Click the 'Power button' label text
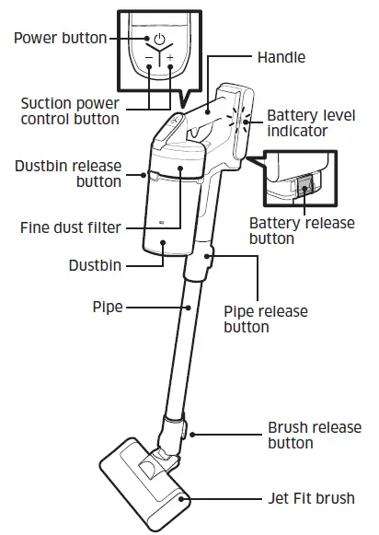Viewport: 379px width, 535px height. [55, 38]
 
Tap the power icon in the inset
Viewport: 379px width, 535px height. [158, 40]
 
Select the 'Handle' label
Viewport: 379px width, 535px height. [282, 56]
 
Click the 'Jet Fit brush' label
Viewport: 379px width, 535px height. [311, 498]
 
